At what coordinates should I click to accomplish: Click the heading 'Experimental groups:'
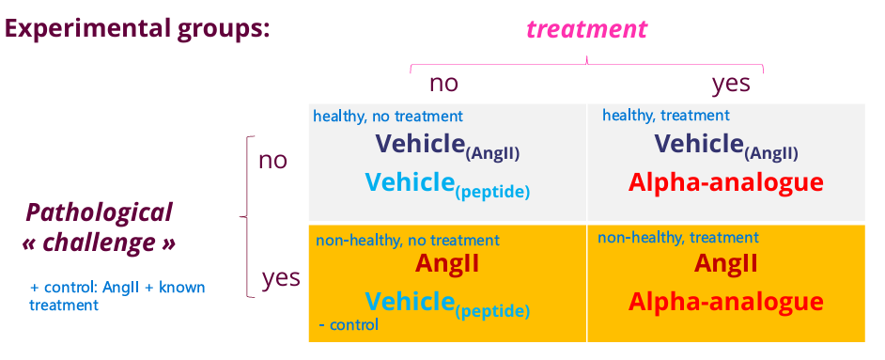tap(138, 27)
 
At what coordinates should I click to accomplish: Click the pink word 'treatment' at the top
tap(587, 29)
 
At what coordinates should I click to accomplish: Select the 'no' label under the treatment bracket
tap(443, 83)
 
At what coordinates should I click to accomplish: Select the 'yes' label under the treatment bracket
tap(731, 83)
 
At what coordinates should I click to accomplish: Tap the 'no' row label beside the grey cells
tap(272, 160)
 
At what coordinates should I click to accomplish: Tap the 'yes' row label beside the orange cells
tap(281, 277)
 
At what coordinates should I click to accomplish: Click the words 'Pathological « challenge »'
tap(99, 227)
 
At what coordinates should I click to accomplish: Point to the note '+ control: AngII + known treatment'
tap(116, 295)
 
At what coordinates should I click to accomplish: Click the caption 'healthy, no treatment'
tap(388, 117)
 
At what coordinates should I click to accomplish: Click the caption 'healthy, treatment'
tap(665, 116)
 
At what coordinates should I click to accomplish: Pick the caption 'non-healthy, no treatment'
tap(408, 241)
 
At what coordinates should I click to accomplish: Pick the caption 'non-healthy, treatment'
tap(677, 238)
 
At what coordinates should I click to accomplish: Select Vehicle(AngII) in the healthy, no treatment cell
tap(447, 146)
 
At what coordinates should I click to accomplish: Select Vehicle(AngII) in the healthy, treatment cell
tap(726, 146)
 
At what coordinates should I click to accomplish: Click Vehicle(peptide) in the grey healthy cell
tap(447, 184)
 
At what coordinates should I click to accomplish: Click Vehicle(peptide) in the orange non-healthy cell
tap(447, 304)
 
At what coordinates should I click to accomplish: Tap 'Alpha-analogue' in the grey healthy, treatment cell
tap(725, 182)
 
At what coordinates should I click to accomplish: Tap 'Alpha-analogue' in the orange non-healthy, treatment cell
tap(725, 302)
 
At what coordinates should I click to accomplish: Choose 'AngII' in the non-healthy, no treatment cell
tap(447, 263)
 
